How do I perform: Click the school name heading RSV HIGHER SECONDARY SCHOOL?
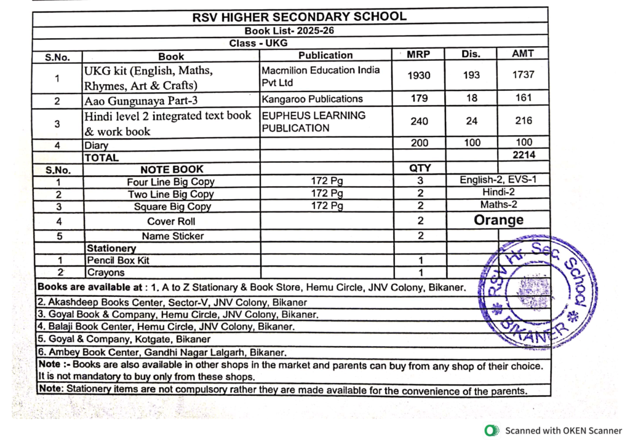coord(299,17)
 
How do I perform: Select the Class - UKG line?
coord(258,43)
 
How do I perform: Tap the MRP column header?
coord(418,55)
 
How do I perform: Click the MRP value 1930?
coord(419,76)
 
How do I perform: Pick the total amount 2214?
coord(524,155)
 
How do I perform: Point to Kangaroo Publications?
coord(313,98)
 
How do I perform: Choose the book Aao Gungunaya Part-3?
coord(135,100)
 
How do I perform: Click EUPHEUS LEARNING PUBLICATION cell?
coord(314,122)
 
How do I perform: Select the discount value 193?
coord(471,75)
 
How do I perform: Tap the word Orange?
coord(498,220)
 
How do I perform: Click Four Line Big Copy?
coord(170,182)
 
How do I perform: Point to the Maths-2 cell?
coord(498,205)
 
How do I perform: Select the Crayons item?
coord(105,272)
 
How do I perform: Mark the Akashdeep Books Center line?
coord(172,302)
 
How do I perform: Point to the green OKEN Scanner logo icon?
coord(490,431)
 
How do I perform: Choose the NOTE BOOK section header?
coord(172,169)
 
